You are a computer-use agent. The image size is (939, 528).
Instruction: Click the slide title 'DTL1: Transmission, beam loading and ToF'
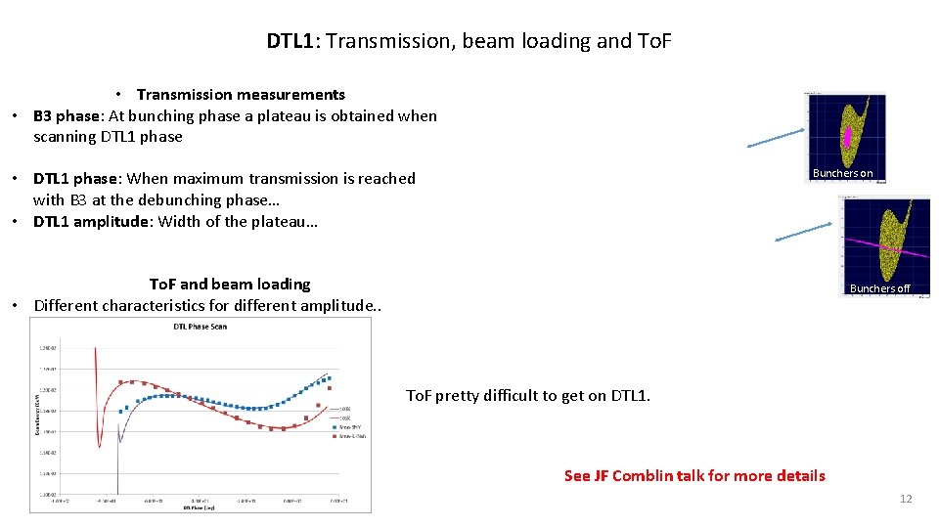click(469, 41)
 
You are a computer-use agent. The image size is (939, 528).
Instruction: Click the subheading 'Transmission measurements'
click(241, 95)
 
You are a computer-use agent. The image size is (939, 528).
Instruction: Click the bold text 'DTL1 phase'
click(75, 178)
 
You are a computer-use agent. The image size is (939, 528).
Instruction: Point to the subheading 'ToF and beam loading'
click(229, 284)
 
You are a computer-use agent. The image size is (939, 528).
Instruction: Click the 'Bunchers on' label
click(842, 173)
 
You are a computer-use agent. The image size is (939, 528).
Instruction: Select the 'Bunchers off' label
click(879, 288)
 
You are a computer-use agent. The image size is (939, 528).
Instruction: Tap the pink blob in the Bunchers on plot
click(847, 138)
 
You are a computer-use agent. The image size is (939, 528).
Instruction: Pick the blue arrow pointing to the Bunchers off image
click(803, 232)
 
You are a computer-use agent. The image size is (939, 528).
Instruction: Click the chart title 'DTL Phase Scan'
click(200, 327)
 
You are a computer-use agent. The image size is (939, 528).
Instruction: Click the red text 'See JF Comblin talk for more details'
click(694, 476)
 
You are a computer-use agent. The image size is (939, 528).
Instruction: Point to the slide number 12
click(905, 499)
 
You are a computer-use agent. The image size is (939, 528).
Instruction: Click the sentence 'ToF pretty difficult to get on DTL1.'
click(527, 395)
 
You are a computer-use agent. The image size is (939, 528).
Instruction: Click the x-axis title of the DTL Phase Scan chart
click(200, 507)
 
